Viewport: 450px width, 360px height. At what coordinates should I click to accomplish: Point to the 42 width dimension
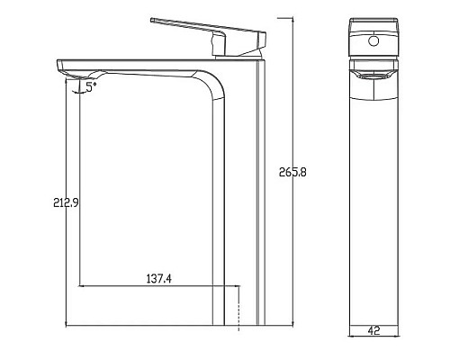(372, 330)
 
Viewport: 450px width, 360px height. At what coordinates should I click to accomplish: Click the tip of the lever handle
(152, 19)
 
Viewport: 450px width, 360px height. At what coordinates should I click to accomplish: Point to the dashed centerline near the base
(238, 306)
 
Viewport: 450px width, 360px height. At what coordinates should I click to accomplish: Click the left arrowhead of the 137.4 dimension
(83, 287)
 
